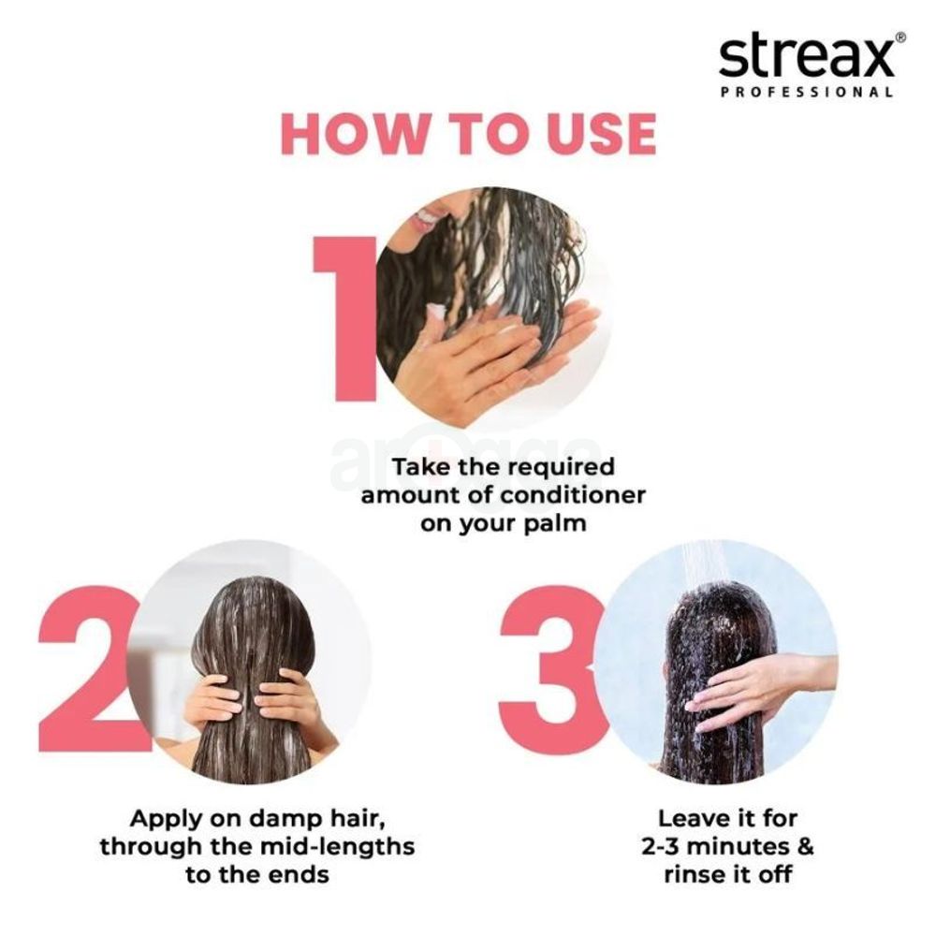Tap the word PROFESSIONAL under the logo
pyautogui.click(x=806, y=93)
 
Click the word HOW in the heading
pyautogui.click(x=352, y=134)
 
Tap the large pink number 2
pyautogui.click(x=89, y=670)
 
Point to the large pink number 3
pyautogui.click(x=548, y=670)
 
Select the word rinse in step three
pyautogui.click(x=697, y=876)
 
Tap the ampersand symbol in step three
pyautogui.click(x=803, y=848)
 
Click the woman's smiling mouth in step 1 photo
pyautogui.click(x=427, y=217)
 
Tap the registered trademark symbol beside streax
pyautogui.click(x=900, y=37)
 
